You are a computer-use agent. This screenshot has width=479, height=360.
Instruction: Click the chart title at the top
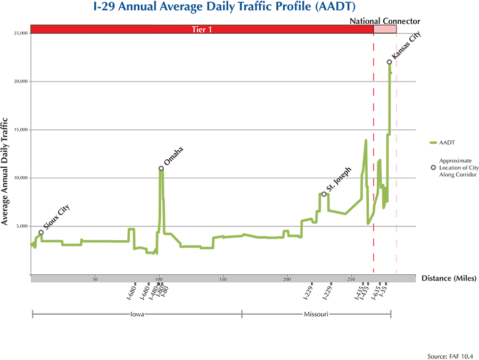coord(239,7)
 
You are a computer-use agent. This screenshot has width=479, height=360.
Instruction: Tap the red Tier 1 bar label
coord(202,29)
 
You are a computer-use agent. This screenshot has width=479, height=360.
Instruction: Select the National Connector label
coord(385,21)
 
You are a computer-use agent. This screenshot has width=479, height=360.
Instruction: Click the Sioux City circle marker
coord(41,232)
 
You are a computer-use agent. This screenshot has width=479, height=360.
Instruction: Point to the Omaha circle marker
coord(161,168)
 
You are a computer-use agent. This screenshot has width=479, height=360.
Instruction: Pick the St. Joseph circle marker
coord(324,194)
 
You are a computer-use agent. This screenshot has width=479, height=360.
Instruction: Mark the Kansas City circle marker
coord(389,62)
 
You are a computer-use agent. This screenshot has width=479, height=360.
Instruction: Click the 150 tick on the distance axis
coord(223,280)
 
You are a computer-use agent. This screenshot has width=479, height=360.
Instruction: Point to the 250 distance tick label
coord(351,280)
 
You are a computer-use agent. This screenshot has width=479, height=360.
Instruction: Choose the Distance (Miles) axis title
coord(449,278)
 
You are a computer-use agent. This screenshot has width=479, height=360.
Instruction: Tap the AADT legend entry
coord(447,143)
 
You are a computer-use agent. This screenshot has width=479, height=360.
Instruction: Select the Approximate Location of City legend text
coord(457,167)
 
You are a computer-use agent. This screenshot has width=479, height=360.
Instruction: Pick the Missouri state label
coord(316,314)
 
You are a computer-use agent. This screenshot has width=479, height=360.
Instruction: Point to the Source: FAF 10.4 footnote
coord(450,356)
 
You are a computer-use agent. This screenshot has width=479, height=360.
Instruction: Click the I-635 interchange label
coord(375,293)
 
